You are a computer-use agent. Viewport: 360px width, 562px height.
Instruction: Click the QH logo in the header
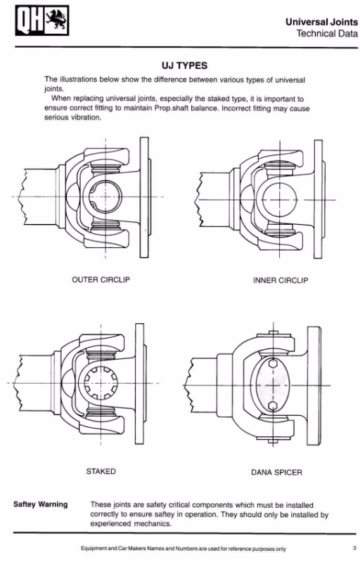pos(42,20)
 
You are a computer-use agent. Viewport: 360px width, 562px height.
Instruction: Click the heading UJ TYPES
pos(184,65)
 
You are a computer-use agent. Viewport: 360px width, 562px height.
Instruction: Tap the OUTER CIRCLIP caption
pos(101,280)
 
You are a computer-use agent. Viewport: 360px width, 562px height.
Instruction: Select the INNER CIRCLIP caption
pos(281,280)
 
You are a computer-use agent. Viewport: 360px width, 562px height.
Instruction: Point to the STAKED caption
pos(101,471)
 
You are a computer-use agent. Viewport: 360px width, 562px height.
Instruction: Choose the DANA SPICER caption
pos(276,472)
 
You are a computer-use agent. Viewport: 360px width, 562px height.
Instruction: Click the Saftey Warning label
pos(40,504)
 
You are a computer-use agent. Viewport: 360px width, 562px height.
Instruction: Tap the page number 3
pos(354,548)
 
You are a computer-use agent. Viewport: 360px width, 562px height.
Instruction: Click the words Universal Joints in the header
pos(321,22)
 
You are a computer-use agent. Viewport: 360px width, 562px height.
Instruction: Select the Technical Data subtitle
pos(327,34)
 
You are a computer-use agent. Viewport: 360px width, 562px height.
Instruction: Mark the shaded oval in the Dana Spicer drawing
pos(274,385)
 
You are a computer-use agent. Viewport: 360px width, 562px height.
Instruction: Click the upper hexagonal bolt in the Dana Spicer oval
pos(274,363)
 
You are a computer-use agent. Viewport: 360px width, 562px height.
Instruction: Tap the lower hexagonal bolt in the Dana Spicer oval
pos(274,406)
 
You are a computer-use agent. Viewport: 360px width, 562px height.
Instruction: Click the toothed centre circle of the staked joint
pos(101,383)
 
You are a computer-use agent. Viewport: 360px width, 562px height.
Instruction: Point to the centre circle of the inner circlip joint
pos(280,200)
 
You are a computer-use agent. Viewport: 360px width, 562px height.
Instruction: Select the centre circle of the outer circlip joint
pos(105,197)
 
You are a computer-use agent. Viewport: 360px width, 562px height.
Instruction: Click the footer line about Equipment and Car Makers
pos(184,549)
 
